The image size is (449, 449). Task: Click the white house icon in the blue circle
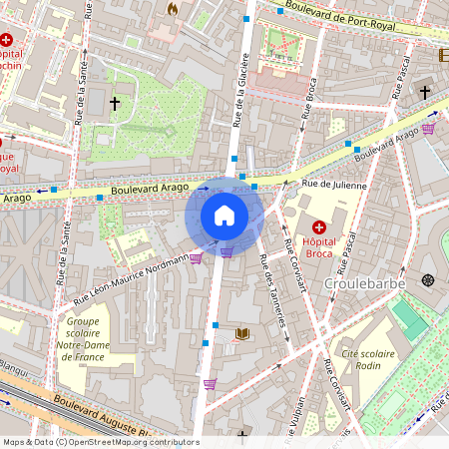pyautogui.click(x=224, y=215)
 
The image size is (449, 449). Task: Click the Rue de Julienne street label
pyautogui.click(x=335, y=185)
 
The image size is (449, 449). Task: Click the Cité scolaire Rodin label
pyautogui.click(x=368, y=361)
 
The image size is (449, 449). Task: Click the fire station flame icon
pyautogui.click(x=173, y=9)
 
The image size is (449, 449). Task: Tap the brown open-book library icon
pyautogui.click(x=240, y=333)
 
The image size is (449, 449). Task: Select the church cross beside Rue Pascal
pyautogui.click(x=424, y=92)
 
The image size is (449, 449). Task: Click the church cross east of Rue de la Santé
pyautogui.click(x=114, y=103)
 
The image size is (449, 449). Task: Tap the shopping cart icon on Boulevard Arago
pyautogui.click(x=428, y=128)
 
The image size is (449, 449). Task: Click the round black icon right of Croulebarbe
pyautogui.click(x=428, y=280)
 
